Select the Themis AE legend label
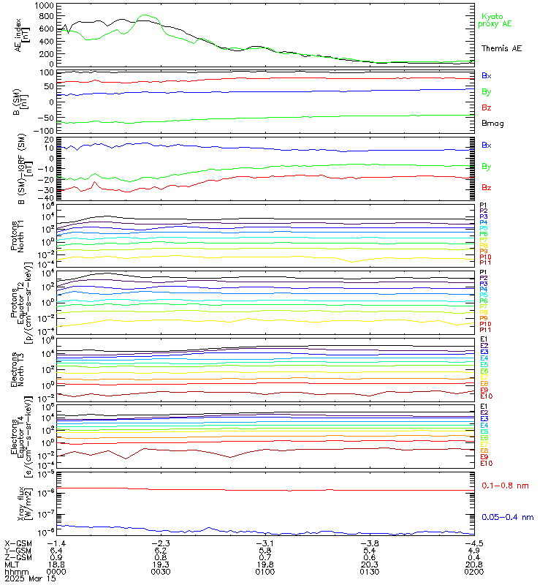(501, 48)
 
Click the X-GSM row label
(18, 543)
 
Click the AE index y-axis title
(20, 33)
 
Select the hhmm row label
(15, 572)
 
